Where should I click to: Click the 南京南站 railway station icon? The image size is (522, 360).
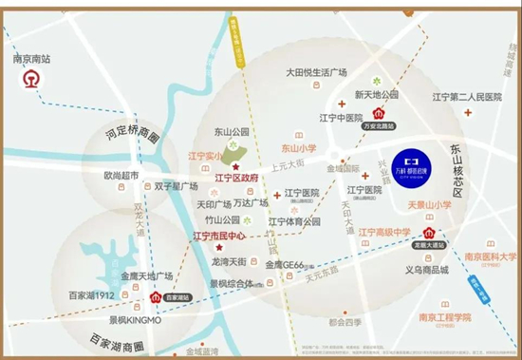pos(28,82)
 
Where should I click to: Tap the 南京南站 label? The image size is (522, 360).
pos(30,59)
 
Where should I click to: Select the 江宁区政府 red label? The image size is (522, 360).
pos(237,178)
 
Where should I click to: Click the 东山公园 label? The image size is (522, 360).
pos(231,133)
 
